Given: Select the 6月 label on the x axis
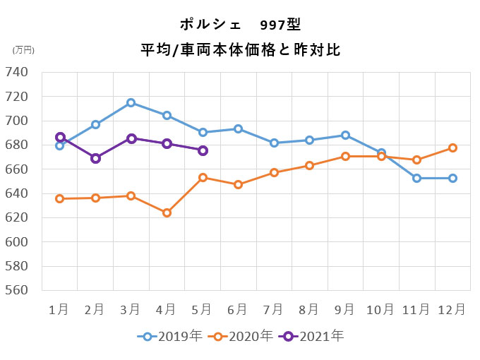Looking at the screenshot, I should click(x=238, y=309).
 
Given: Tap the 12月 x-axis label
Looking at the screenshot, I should click(x=452, y=309).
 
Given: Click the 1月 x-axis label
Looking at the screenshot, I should click(x=59, y=309).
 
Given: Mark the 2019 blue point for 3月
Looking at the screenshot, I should click(x=131, y=103).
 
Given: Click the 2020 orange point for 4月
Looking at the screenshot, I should click(x=167, y=212).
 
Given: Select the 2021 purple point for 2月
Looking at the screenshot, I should click(x=95, y=158).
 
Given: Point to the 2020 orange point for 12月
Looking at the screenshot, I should click(x=452, y=148).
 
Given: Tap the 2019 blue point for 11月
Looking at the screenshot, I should click(x=416, y=178).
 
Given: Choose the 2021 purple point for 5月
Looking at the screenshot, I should click(x=203, y=150).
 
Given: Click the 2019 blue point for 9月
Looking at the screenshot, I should click(x=345, y=135).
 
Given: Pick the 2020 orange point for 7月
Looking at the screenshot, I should click(x=274, y=172).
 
